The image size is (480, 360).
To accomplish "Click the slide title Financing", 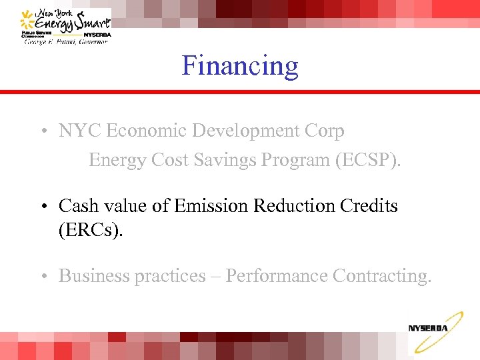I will (x=240, y=66).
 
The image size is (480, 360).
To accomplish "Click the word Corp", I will (x=326, y=131).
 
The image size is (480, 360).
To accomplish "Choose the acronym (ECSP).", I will (x=369, y=161).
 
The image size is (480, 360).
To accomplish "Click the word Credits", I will (x=369, y=206).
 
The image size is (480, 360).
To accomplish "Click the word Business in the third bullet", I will (x=94, y=276).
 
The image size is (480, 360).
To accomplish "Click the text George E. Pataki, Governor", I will (x=65, y=41).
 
